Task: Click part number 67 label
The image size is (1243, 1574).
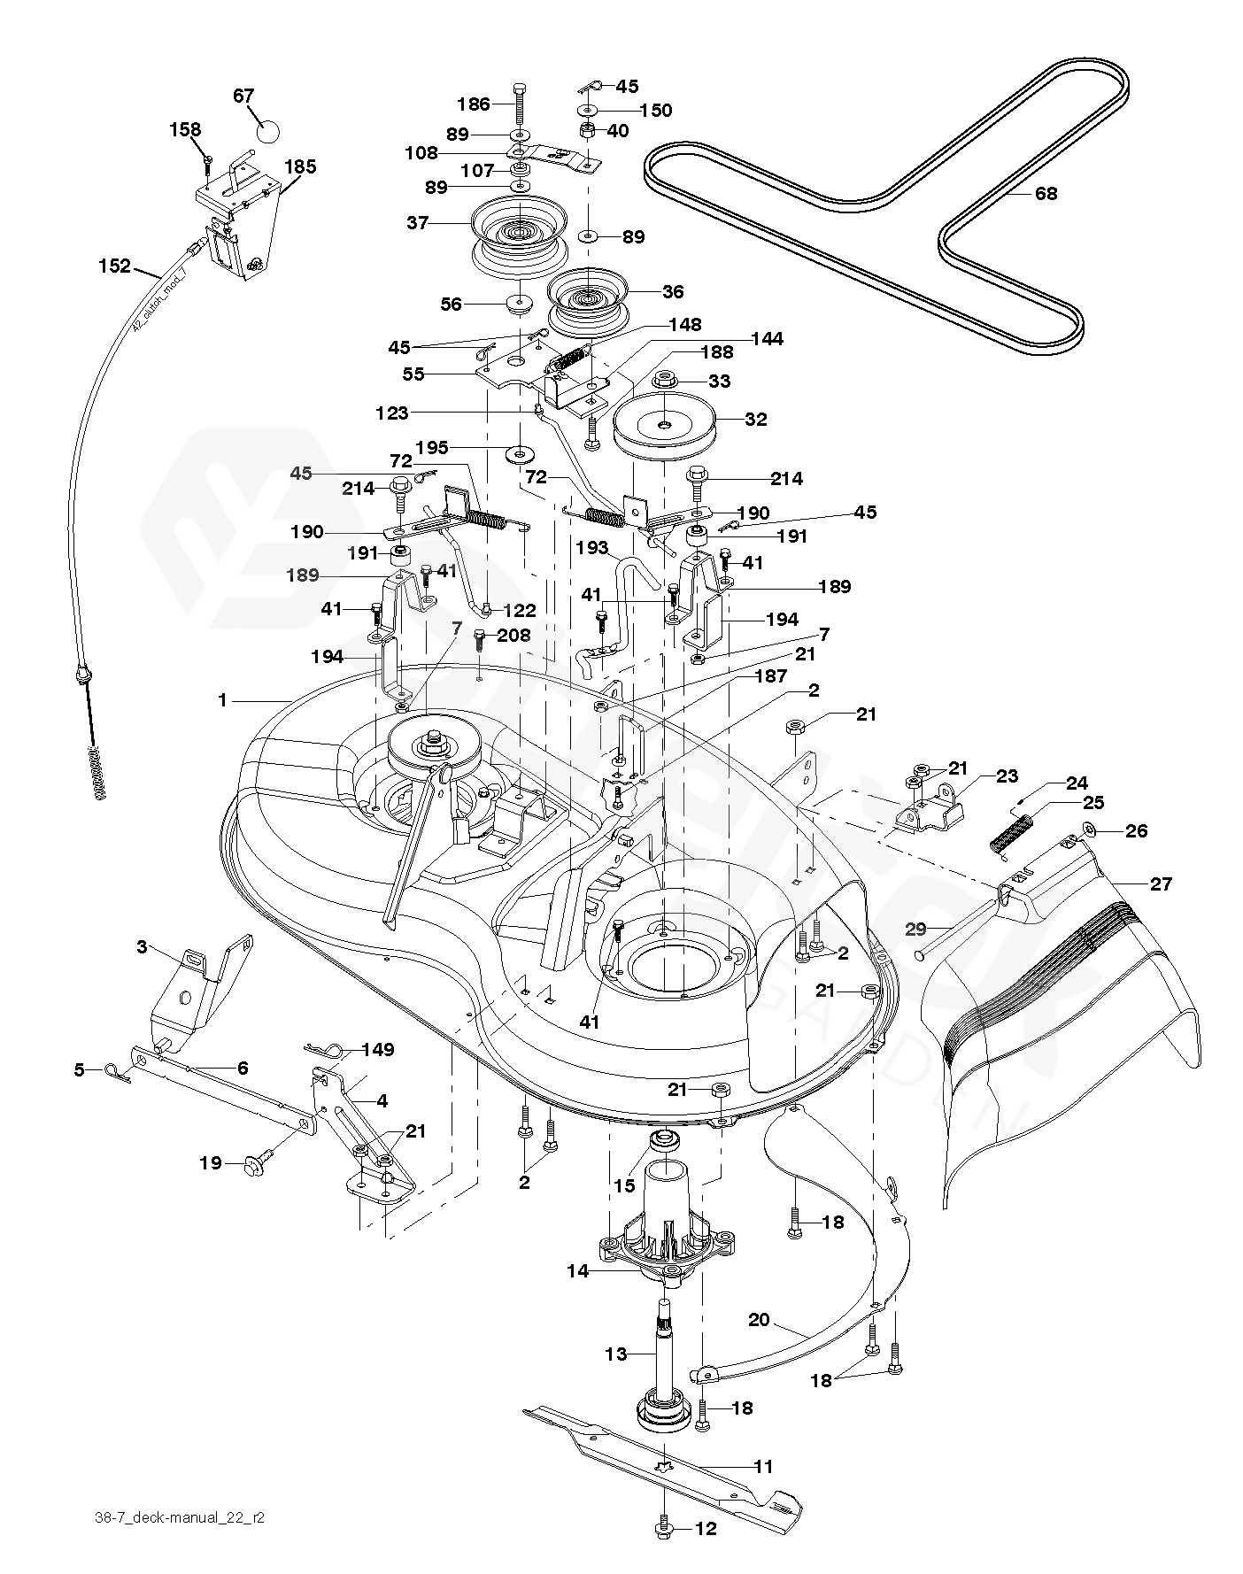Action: [x=243, y=95]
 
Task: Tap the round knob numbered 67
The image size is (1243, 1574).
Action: [x=268, y=131]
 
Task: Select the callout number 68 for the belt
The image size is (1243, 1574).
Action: [x=1046, y=193]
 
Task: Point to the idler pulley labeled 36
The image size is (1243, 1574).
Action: [x=588, y=296]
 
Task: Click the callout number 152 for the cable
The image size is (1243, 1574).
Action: [x=115, y=265]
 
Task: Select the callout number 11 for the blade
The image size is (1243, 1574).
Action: [x=762, y=1465]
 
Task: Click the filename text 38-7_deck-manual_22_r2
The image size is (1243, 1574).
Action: [x=179, y=1517]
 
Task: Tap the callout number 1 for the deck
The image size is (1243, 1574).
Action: [x=222, y=699]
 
